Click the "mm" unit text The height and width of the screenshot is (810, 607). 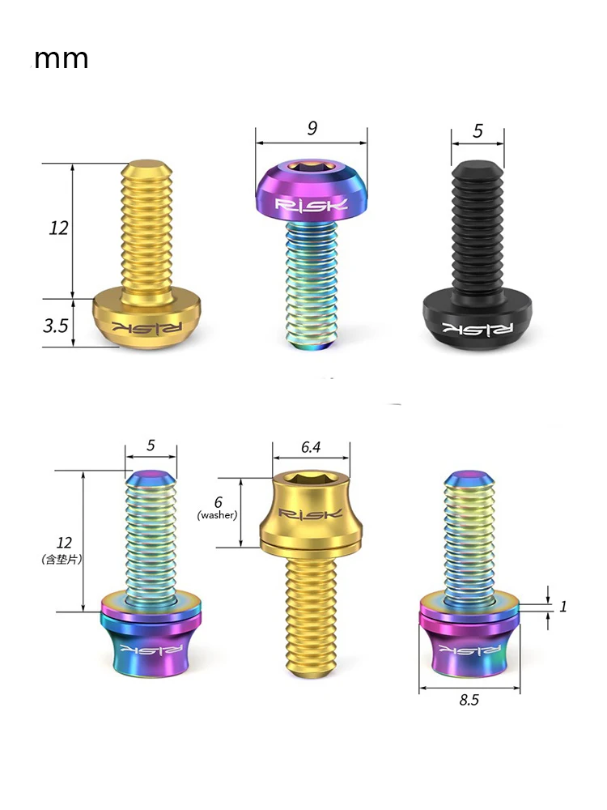[x=61, y=59]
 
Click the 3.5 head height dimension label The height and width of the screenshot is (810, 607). [x=56, y=326]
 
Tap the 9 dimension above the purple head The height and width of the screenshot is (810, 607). [x=312, y=128]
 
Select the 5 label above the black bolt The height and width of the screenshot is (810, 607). [x=478, y=130]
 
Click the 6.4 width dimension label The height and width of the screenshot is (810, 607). [x=311, y=447]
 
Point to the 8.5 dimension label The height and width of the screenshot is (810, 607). [x=469, y=700]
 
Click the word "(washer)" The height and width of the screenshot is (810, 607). [x=217, y=515]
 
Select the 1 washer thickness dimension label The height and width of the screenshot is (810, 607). [x=563, y=606]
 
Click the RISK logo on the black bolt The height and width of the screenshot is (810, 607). [x=478, y=329]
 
